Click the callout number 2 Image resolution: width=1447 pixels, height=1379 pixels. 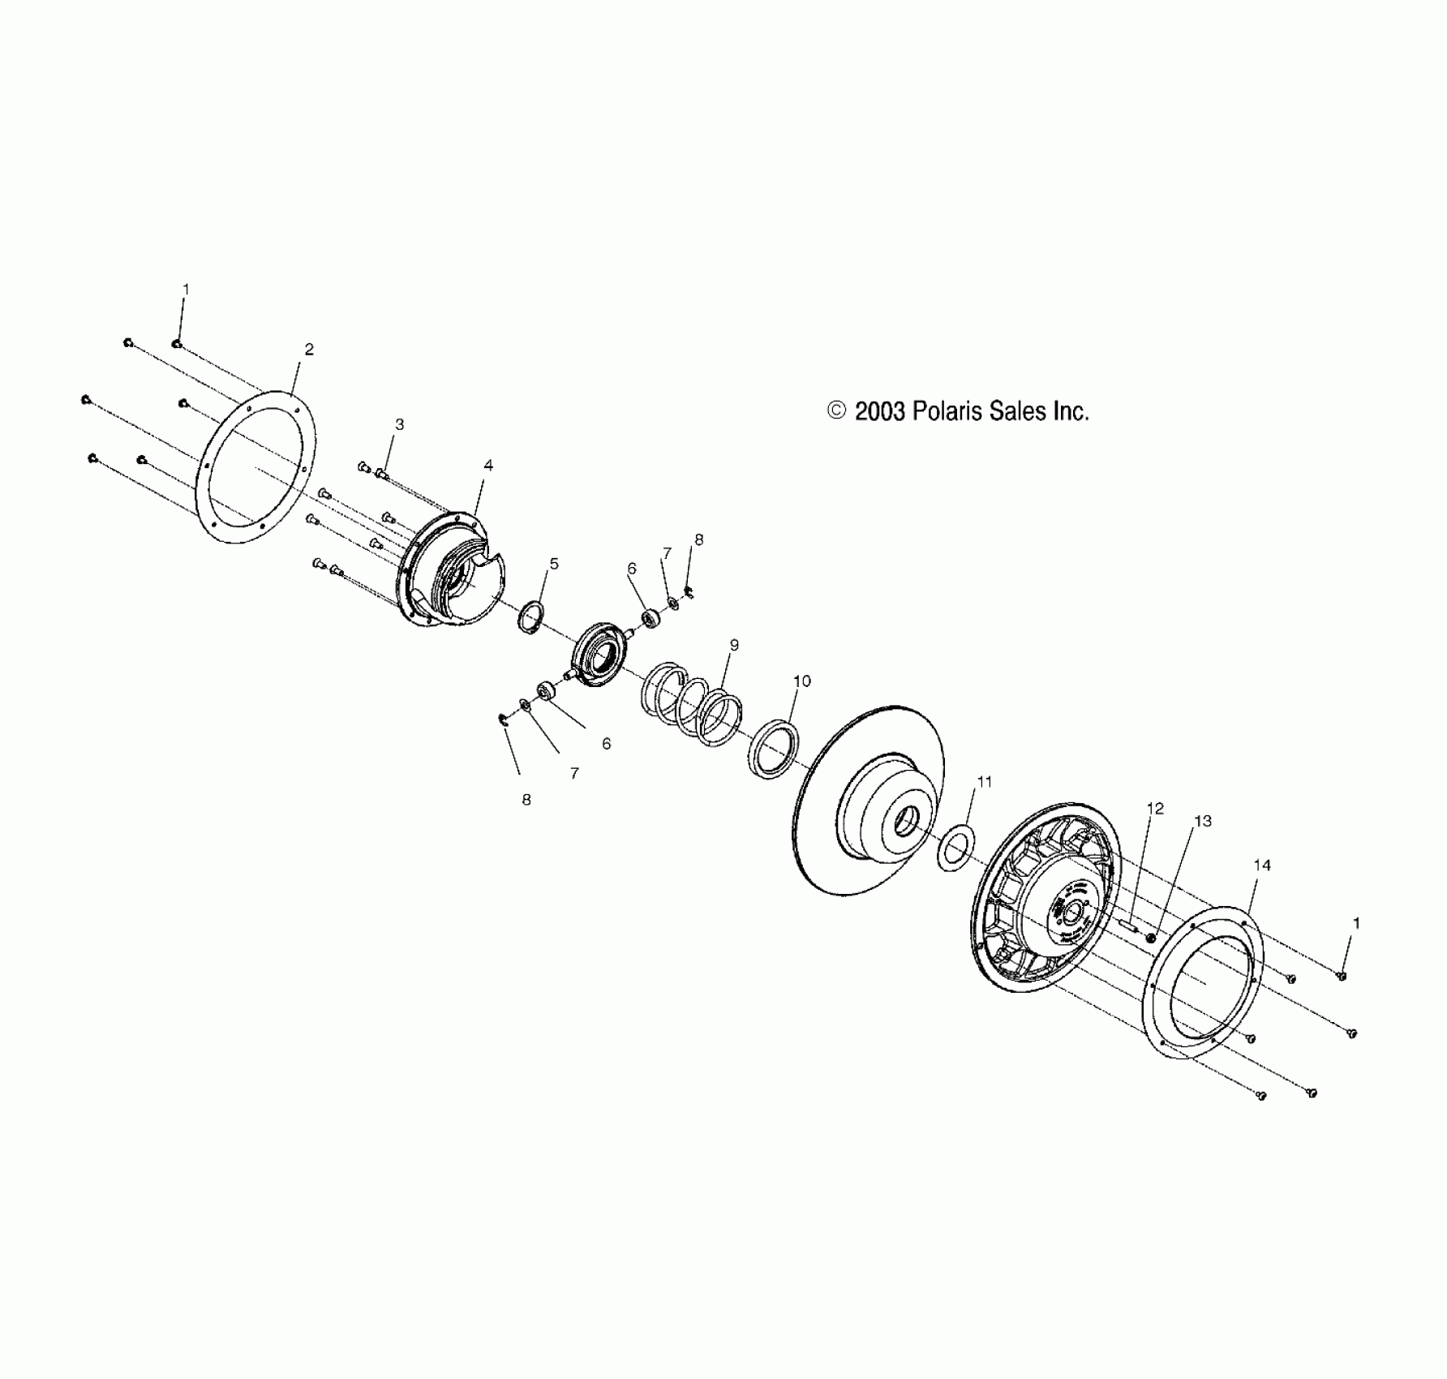coord(309,350)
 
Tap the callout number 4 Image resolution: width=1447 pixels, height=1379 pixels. coord(488,466)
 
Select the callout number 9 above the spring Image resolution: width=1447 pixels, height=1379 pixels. coord(734,646)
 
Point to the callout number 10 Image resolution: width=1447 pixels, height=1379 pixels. coord(801,681)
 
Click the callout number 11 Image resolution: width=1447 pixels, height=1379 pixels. coord(985,783)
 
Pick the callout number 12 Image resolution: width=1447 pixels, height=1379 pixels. coord(1155,809)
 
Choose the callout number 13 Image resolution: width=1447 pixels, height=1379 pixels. coord(1203,822)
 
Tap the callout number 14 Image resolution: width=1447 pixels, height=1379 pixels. coord(1262,866)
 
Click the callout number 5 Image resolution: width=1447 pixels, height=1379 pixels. coord(554,564)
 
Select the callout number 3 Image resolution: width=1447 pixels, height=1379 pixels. coord(399,424)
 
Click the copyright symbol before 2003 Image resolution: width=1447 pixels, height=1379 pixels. coord(836,411)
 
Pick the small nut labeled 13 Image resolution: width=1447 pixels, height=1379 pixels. coord(1151,939)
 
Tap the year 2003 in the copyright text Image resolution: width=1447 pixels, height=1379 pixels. coord(881,411)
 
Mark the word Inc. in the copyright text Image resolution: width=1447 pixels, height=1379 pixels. coord(1071,411)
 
